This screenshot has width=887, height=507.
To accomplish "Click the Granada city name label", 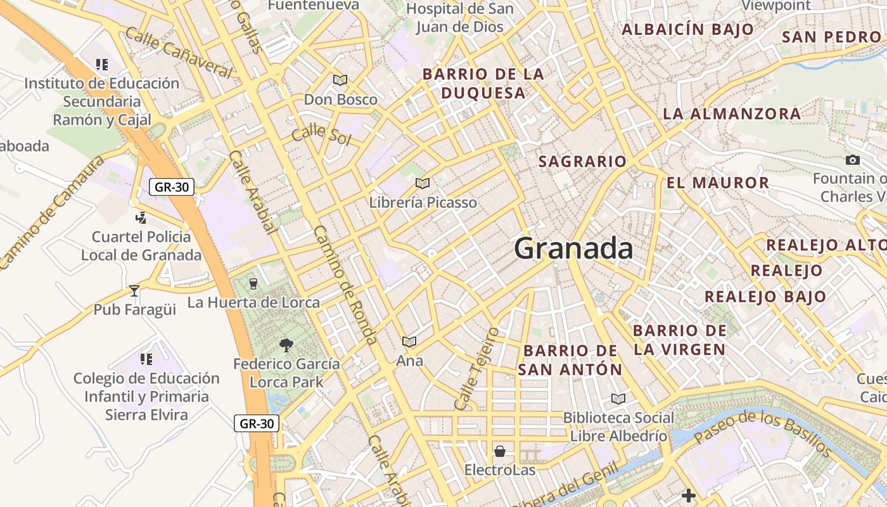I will coord(573,248).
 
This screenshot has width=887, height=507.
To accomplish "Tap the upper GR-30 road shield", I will coord(171,186).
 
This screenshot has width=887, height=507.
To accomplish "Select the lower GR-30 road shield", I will coord(257,423).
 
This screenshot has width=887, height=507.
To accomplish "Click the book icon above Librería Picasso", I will coord(423,183).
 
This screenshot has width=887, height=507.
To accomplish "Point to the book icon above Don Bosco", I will coord(340,80).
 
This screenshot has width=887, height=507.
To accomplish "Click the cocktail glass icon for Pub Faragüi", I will coord(134,290).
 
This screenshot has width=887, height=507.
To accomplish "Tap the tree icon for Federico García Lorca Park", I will coord(286,345).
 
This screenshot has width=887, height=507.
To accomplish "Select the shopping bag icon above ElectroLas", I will coord(500,451).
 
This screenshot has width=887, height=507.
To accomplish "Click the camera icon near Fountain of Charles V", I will coord(853,160).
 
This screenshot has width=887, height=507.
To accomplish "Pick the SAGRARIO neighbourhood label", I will coord(582,162).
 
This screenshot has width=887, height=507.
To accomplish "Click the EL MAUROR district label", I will coord(718,183).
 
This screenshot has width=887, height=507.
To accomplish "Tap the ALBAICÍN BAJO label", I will coord(687,29).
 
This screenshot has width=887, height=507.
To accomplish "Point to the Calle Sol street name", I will coord(321,134).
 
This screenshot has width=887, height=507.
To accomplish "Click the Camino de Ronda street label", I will coord(345,285).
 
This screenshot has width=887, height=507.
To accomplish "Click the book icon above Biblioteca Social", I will coord(618,399).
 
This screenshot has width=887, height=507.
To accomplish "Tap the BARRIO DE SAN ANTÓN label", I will coord(570,359).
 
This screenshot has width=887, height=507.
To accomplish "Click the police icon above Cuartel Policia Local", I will coord(141,218).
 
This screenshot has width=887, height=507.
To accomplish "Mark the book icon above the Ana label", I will coord(409,342).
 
